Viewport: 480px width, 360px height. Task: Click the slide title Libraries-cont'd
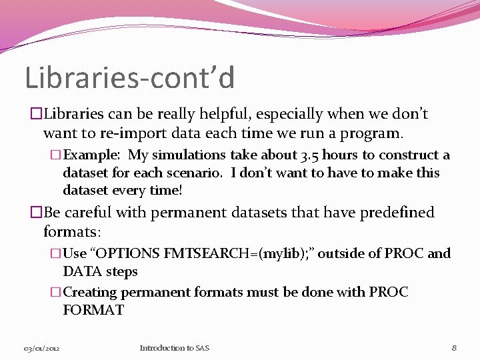tap(130, 77)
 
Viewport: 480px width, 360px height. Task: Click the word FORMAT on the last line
tap(93, 310)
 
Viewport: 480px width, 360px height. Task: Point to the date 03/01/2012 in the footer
tap(42, 349)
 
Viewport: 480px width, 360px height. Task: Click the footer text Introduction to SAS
tap(174, 348)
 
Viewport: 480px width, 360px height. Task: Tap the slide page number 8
tap(453, 348)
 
